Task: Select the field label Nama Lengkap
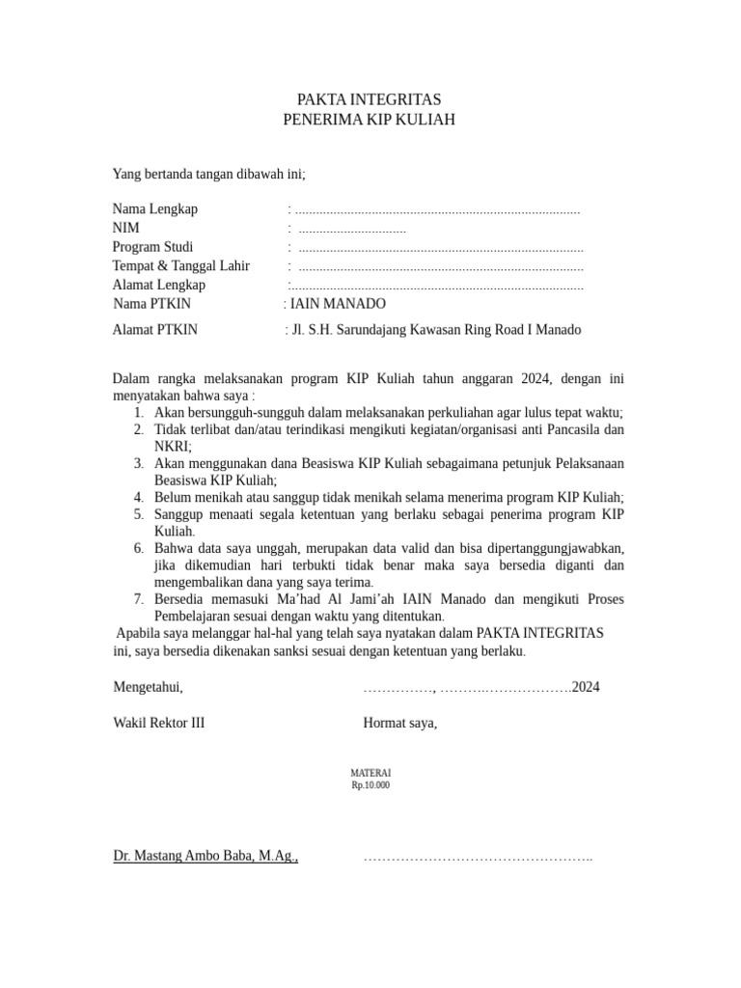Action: pos(154,209)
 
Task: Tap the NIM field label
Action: pos(125,228)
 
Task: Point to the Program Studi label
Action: pos(152,247)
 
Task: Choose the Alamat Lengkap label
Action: pos(158,285)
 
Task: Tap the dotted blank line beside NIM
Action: pos(352,230)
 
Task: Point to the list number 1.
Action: pos(139,412)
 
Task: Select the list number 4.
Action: pos(139,496)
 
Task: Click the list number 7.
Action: pos(139,599)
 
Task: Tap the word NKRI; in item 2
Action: pos(173,446)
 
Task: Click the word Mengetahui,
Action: pos(148,688)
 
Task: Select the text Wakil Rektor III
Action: pos(158,723)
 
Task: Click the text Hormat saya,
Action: pos(399,723)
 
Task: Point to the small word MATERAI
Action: pos(371,774)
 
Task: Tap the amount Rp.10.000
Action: pos(371,785)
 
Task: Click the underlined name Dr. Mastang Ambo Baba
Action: pos(204,855)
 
